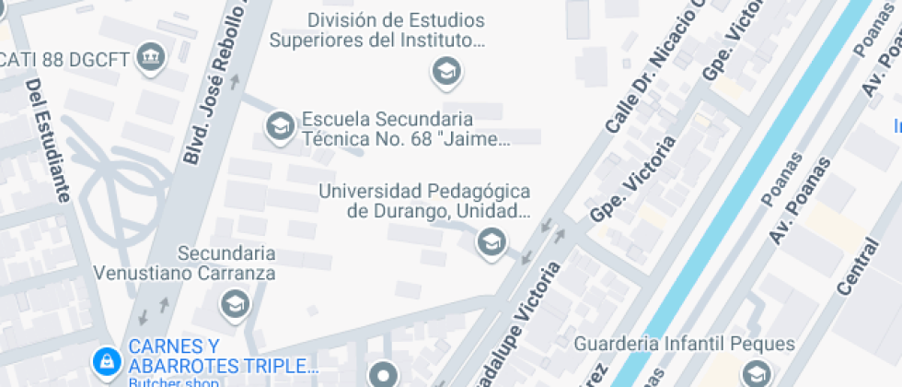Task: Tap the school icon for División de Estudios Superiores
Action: [x=446, y=71]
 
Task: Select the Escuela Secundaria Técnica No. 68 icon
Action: [x=279, y=126]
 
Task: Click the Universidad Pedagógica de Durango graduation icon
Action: [x=491, y=242]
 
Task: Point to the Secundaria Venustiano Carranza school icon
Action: [x=235, y=302]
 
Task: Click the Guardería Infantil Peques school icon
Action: [x=757, y=373]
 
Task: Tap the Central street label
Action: [x=859, y=253]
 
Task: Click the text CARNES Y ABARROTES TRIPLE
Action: [x=223, y=356]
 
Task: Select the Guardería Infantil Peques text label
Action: [x=684, y=345]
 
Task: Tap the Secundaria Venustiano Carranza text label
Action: [x=186, y=263]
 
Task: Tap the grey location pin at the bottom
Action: [x=384, y=374]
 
